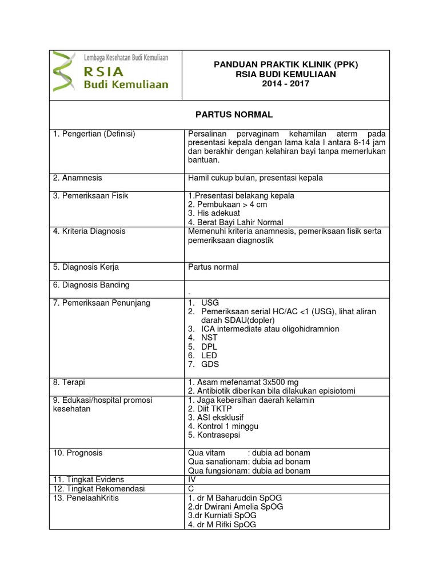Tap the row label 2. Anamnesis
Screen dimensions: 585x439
pos(78,178)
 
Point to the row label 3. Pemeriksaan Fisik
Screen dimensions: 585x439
pos(91,195)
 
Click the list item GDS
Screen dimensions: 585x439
pos(210,364)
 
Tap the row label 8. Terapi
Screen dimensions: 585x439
pos(69,382)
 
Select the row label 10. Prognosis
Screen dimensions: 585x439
pos(78,453)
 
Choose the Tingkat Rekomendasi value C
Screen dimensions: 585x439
pos(191,488)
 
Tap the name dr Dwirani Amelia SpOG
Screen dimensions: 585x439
pos(235,506)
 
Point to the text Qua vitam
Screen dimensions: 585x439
pos(206,453)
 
